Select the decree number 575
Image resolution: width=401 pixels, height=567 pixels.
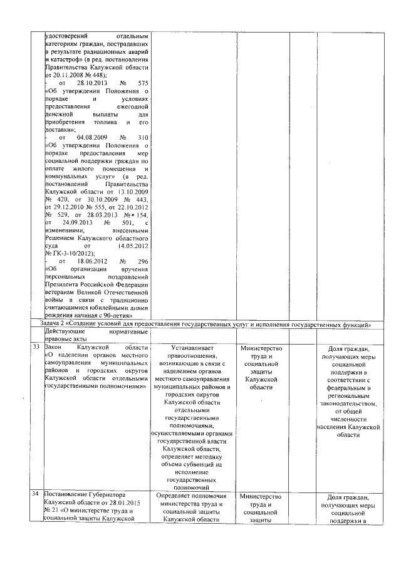[142, 83]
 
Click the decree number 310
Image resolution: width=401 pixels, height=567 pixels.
[142, 137]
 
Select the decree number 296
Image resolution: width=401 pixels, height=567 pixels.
[142, 261]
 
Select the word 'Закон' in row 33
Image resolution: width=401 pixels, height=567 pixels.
[55, 346]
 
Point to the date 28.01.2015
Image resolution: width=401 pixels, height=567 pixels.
[115, 504]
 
